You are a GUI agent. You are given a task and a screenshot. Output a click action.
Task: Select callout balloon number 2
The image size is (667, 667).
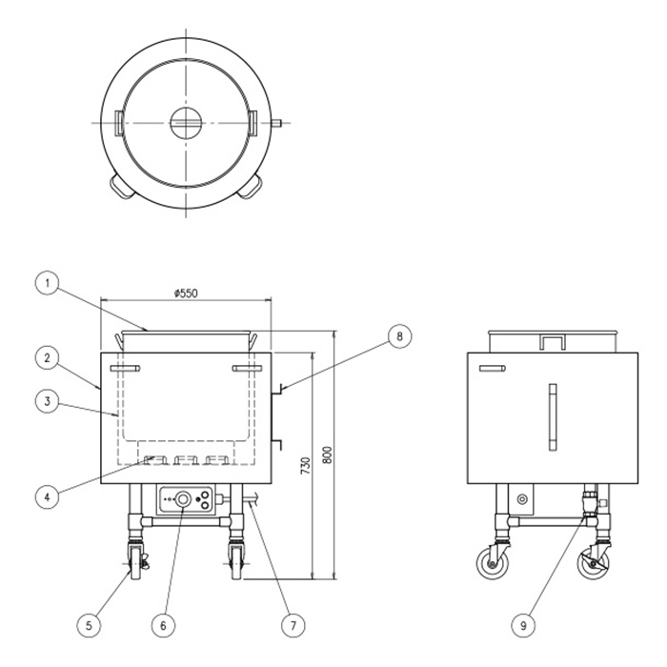tap(48, 357)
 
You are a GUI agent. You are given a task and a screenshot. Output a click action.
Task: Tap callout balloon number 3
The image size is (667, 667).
tap(48, 401)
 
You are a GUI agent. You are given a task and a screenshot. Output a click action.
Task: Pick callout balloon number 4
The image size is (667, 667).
tap(48, 496)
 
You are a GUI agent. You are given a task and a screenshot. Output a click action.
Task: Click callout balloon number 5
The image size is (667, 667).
tap(89, 625)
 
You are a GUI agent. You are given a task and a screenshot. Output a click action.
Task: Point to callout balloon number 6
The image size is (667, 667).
tap(164, 625)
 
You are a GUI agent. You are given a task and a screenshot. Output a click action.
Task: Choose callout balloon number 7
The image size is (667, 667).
tap(293, 625)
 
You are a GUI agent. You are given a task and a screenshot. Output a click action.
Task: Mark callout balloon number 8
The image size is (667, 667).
tap(399, 336)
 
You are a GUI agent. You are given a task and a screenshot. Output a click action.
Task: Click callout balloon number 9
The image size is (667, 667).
tap(523, 625)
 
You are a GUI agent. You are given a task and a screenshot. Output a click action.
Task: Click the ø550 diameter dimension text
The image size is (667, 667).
tap(186, 293)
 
